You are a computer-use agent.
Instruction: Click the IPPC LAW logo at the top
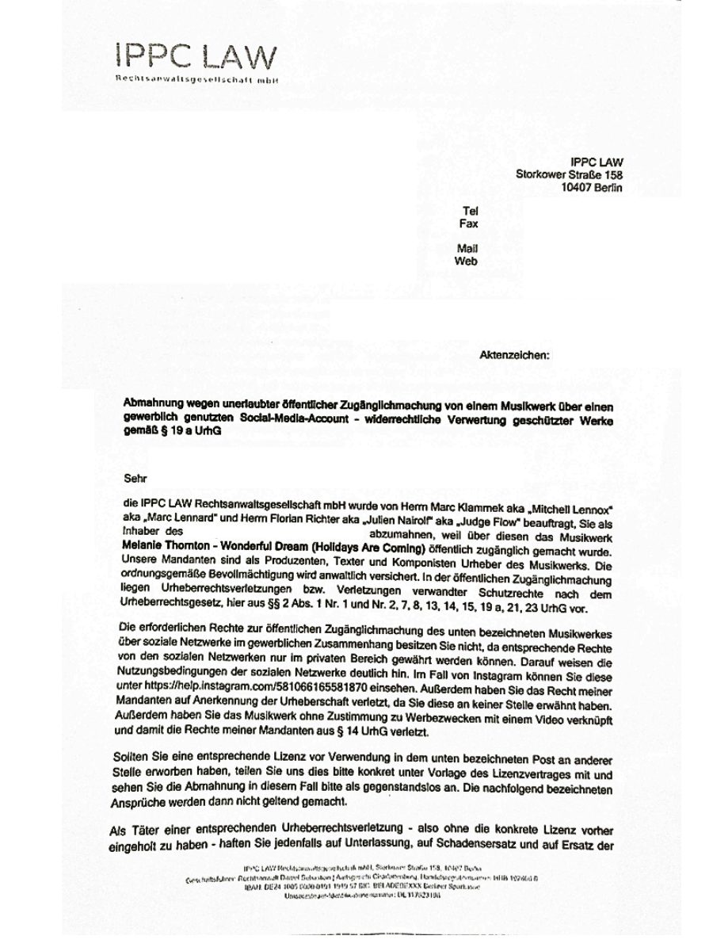pos(196,57)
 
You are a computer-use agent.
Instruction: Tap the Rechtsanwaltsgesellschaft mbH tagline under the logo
pos(197,80)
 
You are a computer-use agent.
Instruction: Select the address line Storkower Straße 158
pos(569,175)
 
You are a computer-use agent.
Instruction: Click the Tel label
pos(469,211)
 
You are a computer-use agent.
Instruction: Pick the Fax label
pos(468,223)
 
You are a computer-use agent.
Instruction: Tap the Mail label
pos(467,249)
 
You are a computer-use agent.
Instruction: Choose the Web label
pos(466,261)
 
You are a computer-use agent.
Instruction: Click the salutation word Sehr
pos(135,478)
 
